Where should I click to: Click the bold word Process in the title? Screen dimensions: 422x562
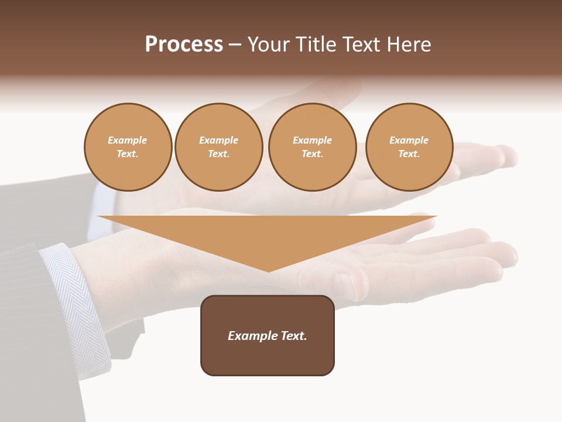(184, 45)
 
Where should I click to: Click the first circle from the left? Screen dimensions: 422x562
(128, 147)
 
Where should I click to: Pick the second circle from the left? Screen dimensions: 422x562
(218, 147)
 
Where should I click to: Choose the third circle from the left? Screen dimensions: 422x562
(312, 147)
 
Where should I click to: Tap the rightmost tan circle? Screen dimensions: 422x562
(409, 147)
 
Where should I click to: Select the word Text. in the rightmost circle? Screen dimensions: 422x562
(409, 154)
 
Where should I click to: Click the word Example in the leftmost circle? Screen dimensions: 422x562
(128, 140)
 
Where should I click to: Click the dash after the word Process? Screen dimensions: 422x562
(235, 45)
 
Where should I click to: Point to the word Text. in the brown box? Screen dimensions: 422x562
(293, 336)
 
